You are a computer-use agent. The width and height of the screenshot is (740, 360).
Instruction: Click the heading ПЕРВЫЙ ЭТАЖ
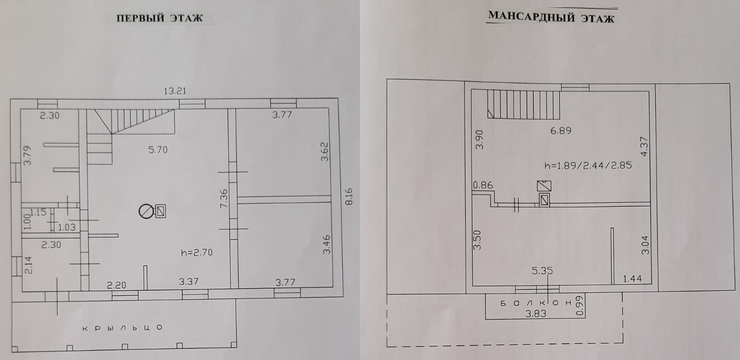coord(159,18)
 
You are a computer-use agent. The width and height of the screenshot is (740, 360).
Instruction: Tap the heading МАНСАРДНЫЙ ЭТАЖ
coord(551,17)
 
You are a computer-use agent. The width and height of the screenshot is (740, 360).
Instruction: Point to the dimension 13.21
coord(175,91)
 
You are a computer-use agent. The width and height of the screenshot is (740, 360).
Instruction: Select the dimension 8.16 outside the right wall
coord(349,196)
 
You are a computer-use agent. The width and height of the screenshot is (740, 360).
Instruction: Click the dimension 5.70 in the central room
coord(158,150)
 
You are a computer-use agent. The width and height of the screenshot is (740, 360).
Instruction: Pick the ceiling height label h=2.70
coord(197,253)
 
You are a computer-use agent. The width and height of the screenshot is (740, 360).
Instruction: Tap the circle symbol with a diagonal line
coord(146,212)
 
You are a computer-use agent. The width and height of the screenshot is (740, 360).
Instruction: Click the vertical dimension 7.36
coord(223,198)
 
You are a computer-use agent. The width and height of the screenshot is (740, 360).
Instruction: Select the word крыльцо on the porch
coord(123,328)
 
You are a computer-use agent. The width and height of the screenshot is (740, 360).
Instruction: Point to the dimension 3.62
coord(325,152)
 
